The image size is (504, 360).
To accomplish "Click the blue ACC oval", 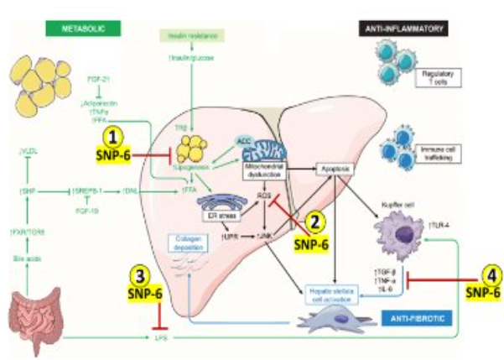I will click(244, 143).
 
